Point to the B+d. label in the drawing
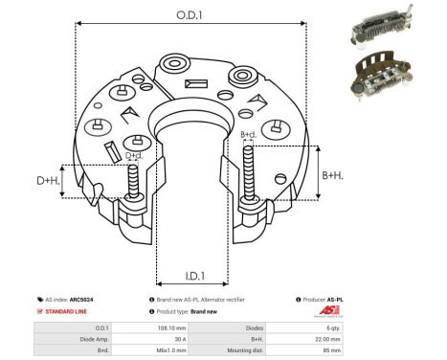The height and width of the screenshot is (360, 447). [x=248, y=135]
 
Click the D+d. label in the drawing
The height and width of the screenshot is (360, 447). [x=135, y=155]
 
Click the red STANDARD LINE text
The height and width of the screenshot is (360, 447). [x=66, y=312]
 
